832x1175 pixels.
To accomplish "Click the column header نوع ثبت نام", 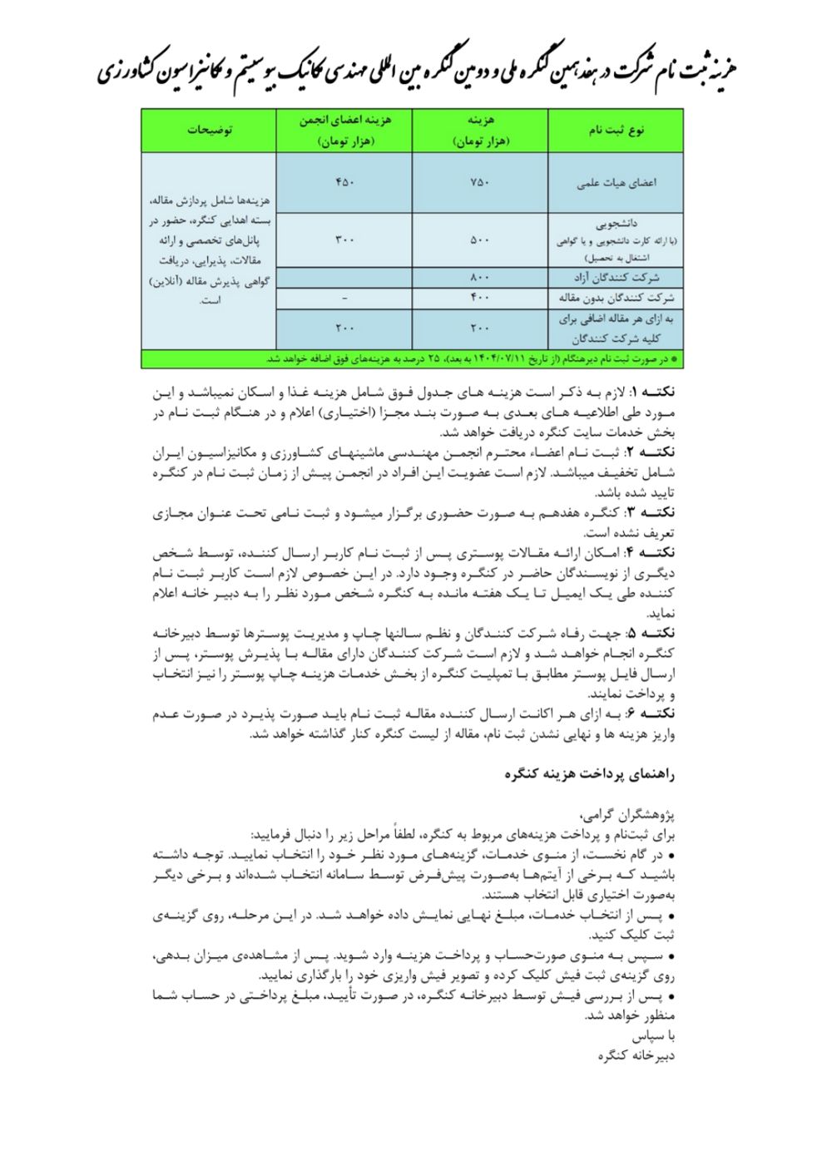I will click(x=617, y=131).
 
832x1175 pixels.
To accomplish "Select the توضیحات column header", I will click(x=210, y=131).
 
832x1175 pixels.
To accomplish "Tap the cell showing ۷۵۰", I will click(x=480, y=183).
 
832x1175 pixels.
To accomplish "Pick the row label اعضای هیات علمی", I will click(x=617, y=184).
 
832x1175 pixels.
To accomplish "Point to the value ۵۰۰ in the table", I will click(x=480, y=240).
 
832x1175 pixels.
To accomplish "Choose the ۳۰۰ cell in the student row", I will click(x=344, y=240).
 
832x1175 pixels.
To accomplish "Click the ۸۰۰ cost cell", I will click(x=480, y=278).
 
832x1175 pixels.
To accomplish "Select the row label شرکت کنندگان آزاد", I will click(x=617, y=278).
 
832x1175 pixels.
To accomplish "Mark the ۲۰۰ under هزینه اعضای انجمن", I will click(x=344, y=328).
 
